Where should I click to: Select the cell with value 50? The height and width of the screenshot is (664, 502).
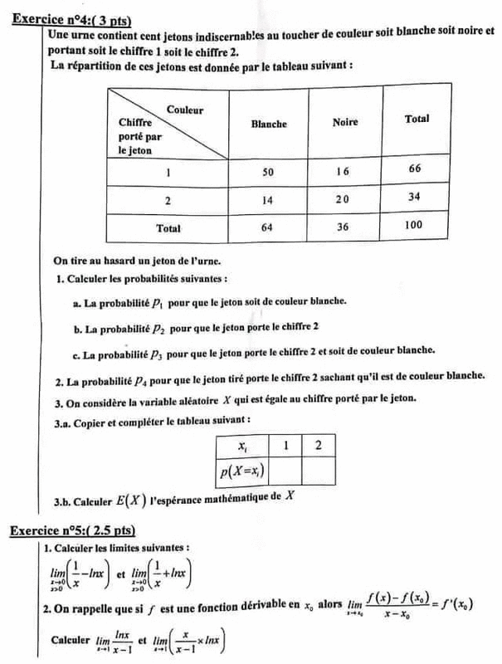[x=268, y=171]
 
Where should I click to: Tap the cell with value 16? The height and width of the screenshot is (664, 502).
[x=344, y=170]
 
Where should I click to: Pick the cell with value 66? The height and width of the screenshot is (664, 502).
[x=416, y=169]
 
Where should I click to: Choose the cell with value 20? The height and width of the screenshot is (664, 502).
[x=344, y=200]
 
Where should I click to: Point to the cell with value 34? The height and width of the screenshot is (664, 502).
[x=416, y=198]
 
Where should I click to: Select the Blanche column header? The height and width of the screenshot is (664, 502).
[x=268, y=124]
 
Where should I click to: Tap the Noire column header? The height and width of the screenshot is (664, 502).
[x=344, y=123]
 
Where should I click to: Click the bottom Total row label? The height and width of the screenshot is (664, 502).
[x=168, y=227]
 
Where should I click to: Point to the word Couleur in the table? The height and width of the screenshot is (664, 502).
[x=185, y=109]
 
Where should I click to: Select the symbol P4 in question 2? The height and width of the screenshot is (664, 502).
[x=142, y=381]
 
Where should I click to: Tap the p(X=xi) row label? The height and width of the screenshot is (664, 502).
[x=240, y=472]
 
